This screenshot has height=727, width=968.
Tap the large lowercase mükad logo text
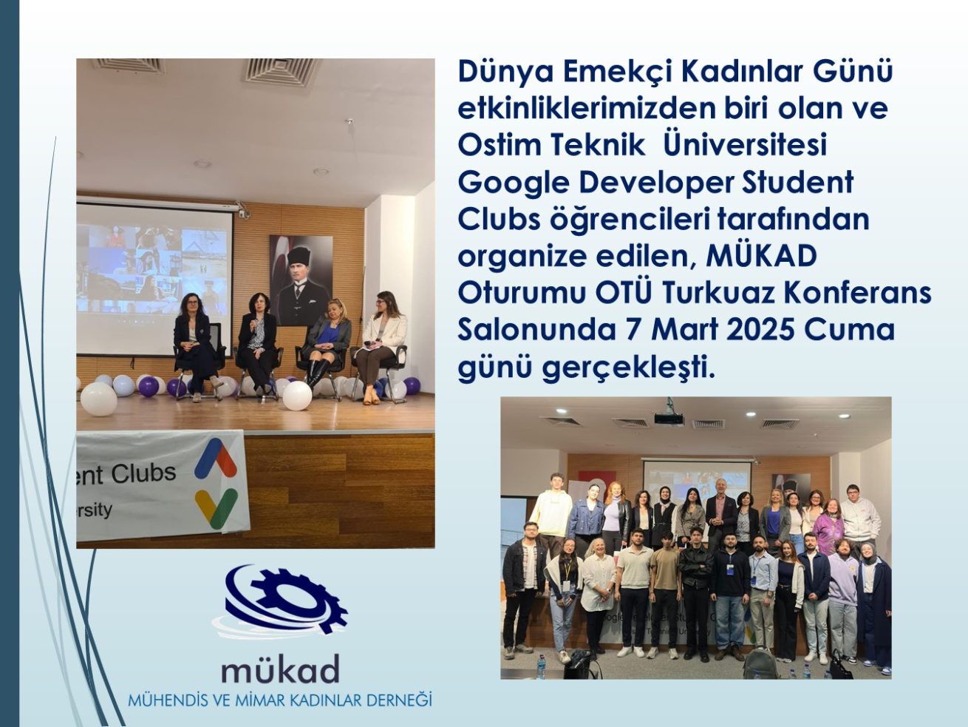click(280, 669)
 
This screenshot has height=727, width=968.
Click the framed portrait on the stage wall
click(300, 280)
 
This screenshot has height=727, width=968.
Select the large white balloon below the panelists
click(297, 396)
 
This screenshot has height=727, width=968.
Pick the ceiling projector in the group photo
click(669, 418)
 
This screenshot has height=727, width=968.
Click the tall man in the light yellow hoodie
click(551, 510)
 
